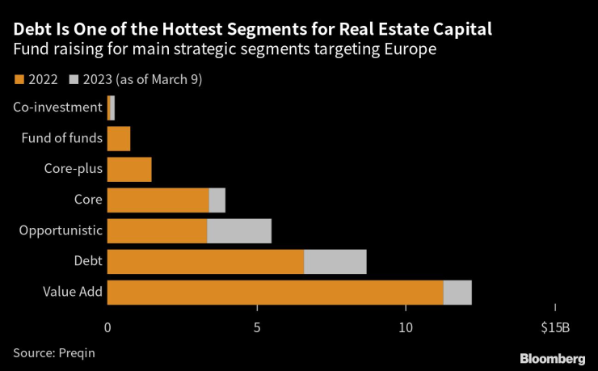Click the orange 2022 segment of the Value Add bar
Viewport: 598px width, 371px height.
coord(275,293)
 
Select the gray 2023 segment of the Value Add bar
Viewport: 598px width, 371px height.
coord(457,293)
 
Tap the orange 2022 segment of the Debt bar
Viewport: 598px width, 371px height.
coord(205,262)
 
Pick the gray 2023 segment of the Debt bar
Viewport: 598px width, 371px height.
coord(335,262)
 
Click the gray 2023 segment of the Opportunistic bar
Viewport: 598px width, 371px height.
coord(239,231)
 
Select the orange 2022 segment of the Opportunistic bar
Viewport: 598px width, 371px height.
coord(157,231)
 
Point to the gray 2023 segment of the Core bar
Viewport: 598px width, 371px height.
coord(217,200)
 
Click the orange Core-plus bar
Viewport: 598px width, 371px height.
coord(129,170)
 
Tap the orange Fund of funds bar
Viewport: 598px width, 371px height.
coord(119,139)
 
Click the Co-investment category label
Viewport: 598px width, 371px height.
coord(57,107)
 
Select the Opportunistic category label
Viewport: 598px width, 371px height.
coord(61,230)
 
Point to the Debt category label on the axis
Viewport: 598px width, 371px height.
coord(87,262)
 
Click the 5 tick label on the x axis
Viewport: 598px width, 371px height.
coord(257,327)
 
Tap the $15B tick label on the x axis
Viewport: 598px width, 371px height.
coord(555,327)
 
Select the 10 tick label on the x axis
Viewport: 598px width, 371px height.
coord(406,327)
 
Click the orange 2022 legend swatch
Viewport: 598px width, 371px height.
coord(19,79)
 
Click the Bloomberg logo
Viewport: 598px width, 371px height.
coord(553,357)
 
